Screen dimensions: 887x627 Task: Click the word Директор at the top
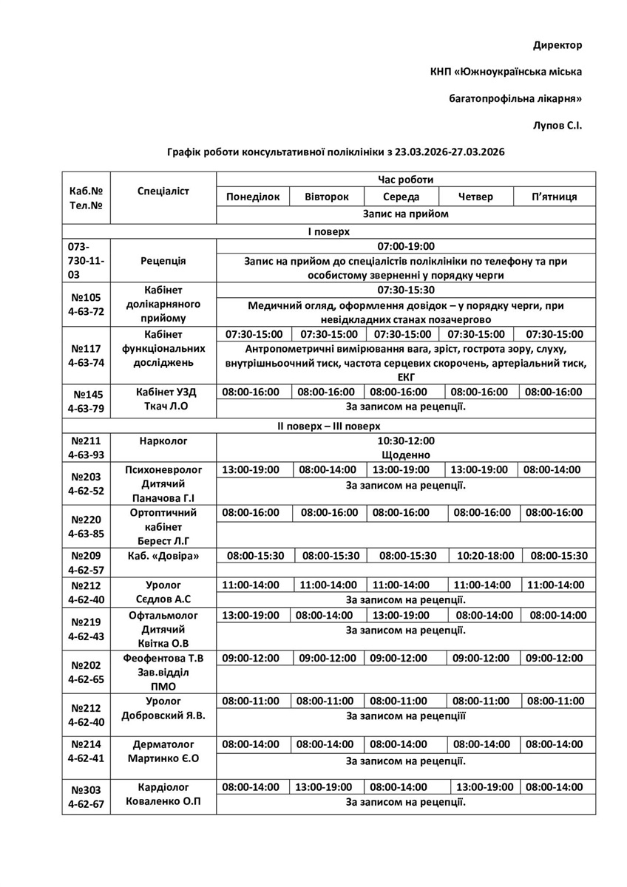[x=557, y=46]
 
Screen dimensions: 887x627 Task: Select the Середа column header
[x=401, y=197]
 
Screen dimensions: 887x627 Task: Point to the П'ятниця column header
[x=555, y=197]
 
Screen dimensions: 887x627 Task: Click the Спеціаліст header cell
[x=163, y=191]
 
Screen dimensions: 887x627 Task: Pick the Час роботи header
[x=405, y=180]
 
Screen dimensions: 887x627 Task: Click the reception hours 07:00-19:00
[x=405, y=246]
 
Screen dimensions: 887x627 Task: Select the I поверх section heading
[x=328, y=231]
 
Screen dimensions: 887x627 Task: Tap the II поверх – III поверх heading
[x=328, y=426]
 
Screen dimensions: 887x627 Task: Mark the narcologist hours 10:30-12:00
[x=405, y=441]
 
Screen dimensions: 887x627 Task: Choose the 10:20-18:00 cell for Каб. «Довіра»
[x=481, y=556]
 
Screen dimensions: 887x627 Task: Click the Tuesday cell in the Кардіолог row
[x=325, y=787]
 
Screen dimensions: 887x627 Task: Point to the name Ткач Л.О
[x=163, y=407]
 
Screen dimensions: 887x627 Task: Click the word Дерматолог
[x=163, y=744]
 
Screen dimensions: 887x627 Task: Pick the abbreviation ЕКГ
[x=405, y=377]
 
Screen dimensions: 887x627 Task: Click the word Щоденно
[x=405, y=455]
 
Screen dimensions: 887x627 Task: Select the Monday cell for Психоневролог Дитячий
[x=251, y=470]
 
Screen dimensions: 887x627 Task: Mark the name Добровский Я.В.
[x=163, y=716]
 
